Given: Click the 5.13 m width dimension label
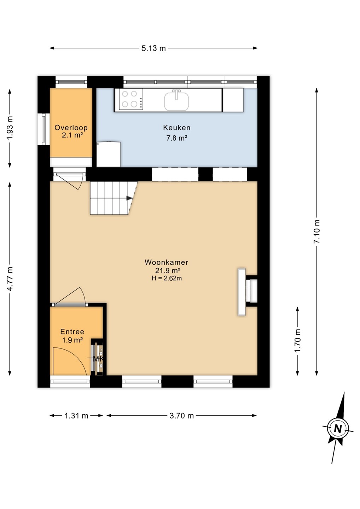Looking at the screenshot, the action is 153,48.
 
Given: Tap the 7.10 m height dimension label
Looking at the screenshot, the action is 317,232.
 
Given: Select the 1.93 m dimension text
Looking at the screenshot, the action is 10,128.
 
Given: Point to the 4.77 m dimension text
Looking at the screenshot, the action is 10,279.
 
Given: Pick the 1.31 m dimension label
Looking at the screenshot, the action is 76,416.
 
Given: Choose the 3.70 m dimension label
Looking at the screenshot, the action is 181,416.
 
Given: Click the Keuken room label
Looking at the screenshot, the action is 176,128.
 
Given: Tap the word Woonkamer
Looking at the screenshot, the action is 166,262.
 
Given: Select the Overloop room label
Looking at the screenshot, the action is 71,128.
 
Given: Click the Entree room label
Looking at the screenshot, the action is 72,332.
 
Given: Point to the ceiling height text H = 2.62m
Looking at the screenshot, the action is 167,278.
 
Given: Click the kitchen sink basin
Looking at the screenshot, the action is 176,101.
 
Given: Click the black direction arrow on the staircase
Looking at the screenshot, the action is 129,198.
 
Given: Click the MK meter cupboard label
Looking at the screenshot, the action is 98,359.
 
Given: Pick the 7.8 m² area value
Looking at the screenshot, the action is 176,138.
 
